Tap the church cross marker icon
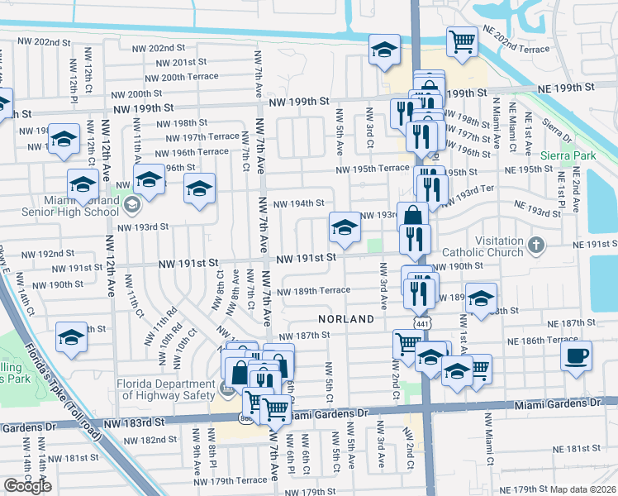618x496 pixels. coord(537,245)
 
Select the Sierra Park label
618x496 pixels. coord(568,155)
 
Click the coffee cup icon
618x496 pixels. coord(576,355)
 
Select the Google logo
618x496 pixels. coord(27,486)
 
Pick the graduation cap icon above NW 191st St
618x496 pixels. coord(345,227)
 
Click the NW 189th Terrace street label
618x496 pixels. coord(313,291)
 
